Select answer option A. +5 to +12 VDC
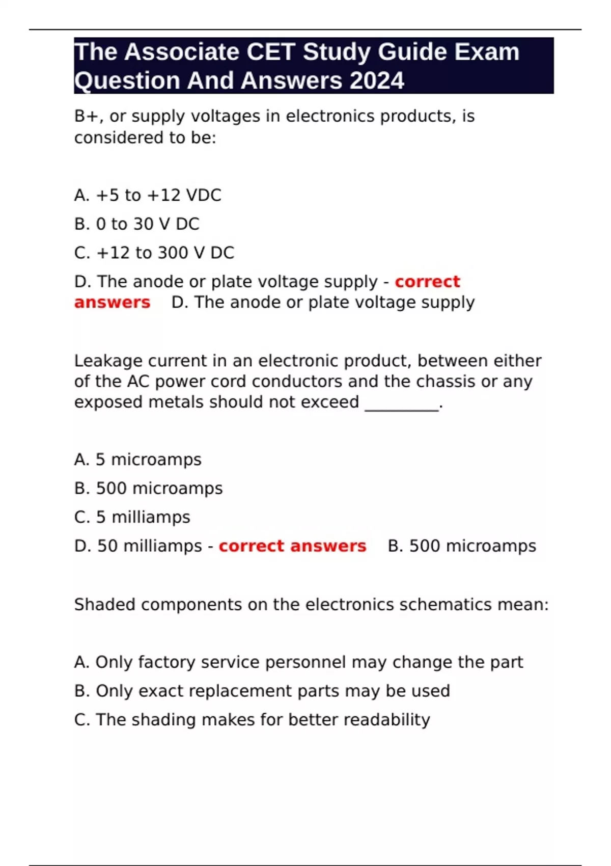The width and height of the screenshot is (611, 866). (148, 195)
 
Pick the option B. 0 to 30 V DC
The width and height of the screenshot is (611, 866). (136, 224)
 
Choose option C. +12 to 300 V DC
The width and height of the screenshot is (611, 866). (154, 253)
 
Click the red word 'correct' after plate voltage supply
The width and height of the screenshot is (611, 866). (427, 281)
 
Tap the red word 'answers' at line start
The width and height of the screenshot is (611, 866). (112, 302)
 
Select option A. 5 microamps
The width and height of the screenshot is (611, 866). (137, 459)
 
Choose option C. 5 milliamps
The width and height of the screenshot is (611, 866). (132, 517)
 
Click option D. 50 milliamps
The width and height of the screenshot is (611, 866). (138, 546)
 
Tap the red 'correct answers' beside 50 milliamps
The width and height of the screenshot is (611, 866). (292, 546)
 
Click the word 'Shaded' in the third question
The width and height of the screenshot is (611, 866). (105, 605)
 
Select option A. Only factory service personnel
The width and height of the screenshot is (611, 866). (298, 662)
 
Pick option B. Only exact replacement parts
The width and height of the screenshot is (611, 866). (262, 691)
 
